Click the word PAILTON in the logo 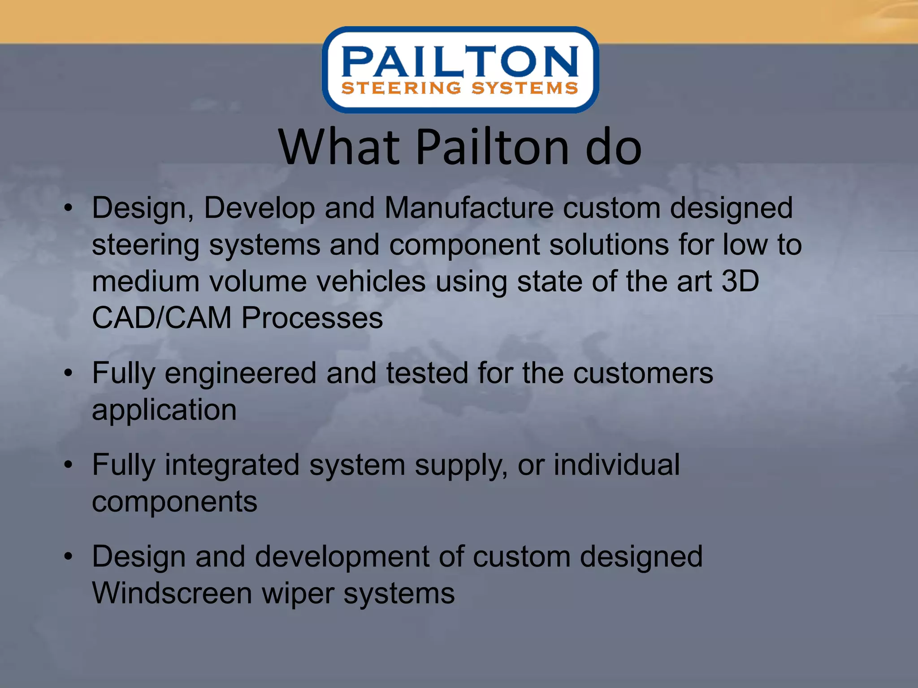[460, 62]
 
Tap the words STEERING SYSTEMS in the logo [460, 88]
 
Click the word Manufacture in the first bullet [469, 208]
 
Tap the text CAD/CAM [161, 318]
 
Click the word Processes [312, 318]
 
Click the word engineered [241, 374]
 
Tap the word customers [643, 374]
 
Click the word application [164, 411]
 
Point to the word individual [616, 465]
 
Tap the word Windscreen [172, 593]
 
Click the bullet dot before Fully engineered [68, 373]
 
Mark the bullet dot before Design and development [68, 557]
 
